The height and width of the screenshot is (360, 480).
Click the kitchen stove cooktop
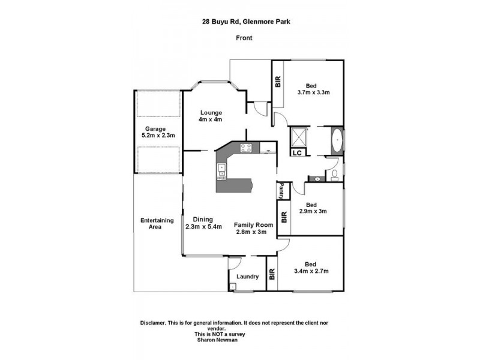click(245, 148)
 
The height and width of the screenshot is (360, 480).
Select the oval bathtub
click(336, 140)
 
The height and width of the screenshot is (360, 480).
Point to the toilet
click(334, 175)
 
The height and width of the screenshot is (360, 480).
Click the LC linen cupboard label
click(296, 154)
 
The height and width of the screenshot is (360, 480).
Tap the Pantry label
click(280, 191)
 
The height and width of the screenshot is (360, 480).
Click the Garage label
click(155, 128)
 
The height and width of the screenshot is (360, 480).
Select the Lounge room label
click(211, 112)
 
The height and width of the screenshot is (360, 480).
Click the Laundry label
click(247, 277)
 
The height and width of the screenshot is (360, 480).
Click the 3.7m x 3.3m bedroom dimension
click(314, 92)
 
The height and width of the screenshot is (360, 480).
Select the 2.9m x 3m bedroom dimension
click(314, 211)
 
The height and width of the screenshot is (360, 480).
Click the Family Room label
click(254, 224)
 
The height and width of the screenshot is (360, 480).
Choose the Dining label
click(203, 219)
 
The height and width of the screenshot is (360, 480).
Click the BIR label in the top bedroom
click(278, 82)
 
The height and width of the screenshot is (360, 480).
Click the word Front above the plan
click(243, 38)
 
